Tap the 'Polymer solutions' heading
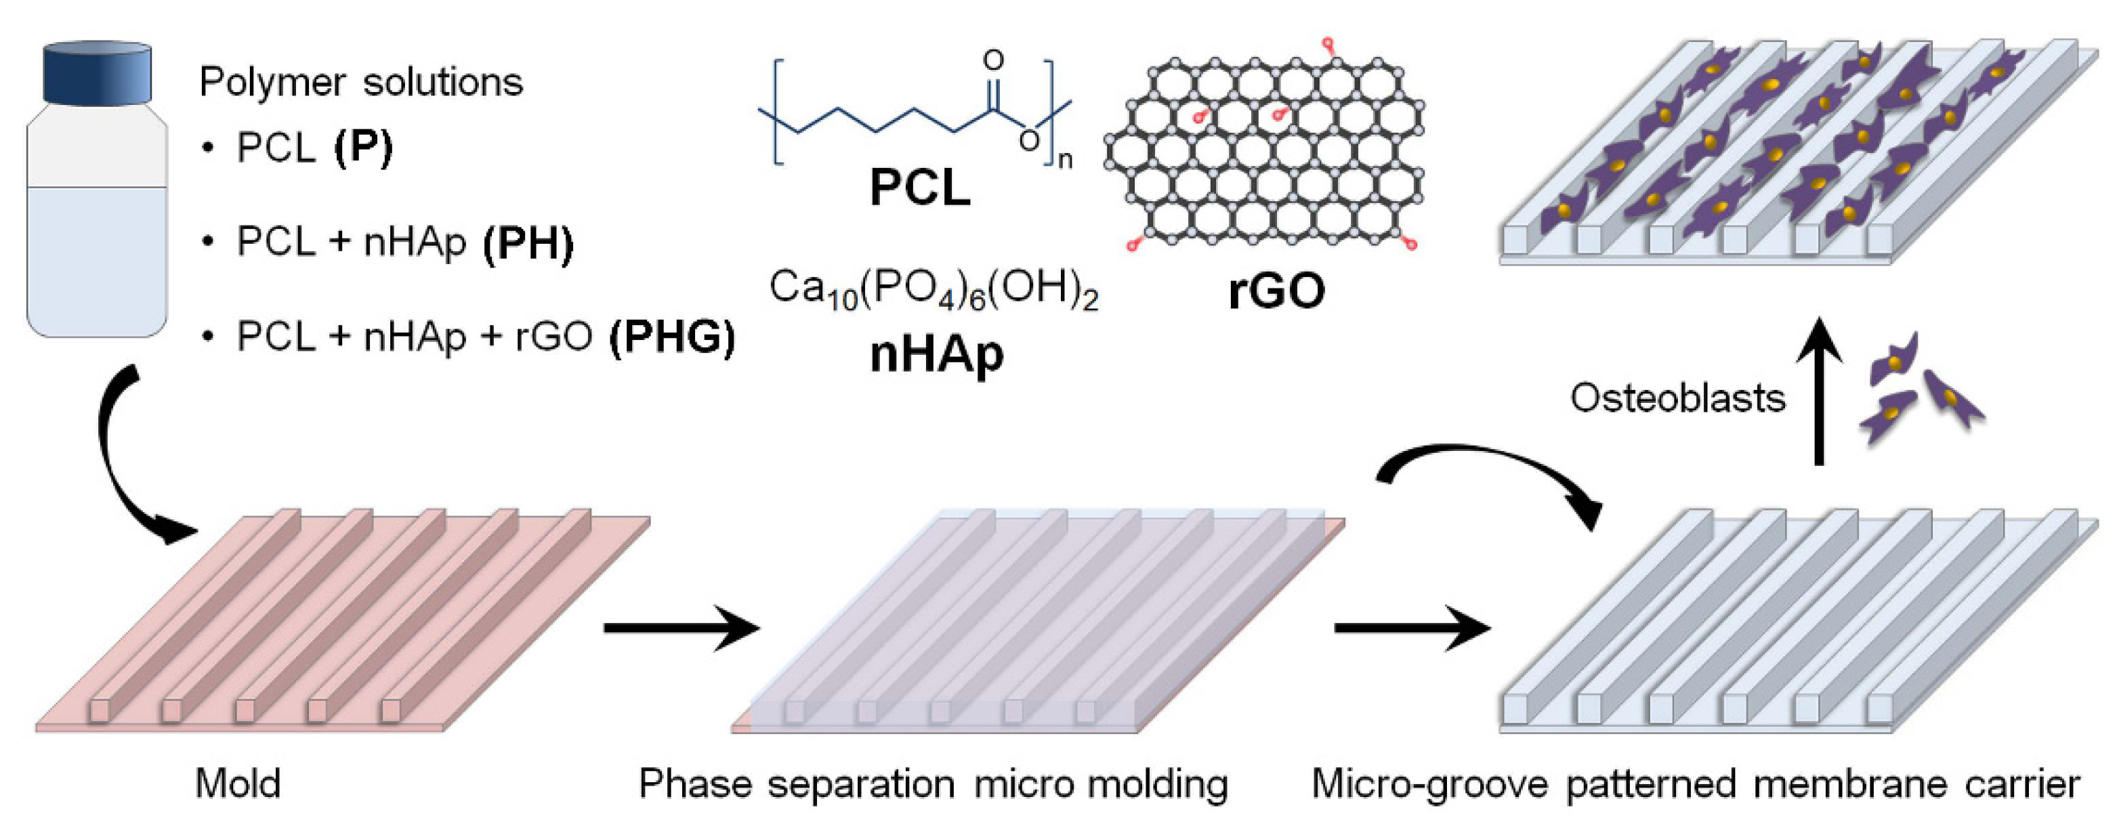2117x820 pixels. coord(361,82)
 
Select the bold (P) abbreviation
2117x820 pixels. coord(363,148)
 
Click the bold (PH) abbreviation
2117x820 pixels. coord(528,242)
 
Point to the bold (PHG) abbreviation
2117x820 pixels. coord(671,337)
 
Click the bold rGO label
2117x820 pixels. coord(1276,291)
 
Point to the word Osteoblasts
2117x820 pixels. coord(1677,399)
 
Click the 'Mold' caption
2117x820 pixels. coord(238,783)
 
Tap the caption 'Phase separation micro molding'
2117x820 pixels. coord(933,783)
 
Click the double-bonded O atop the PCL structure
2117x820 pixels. coord(994,60)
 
